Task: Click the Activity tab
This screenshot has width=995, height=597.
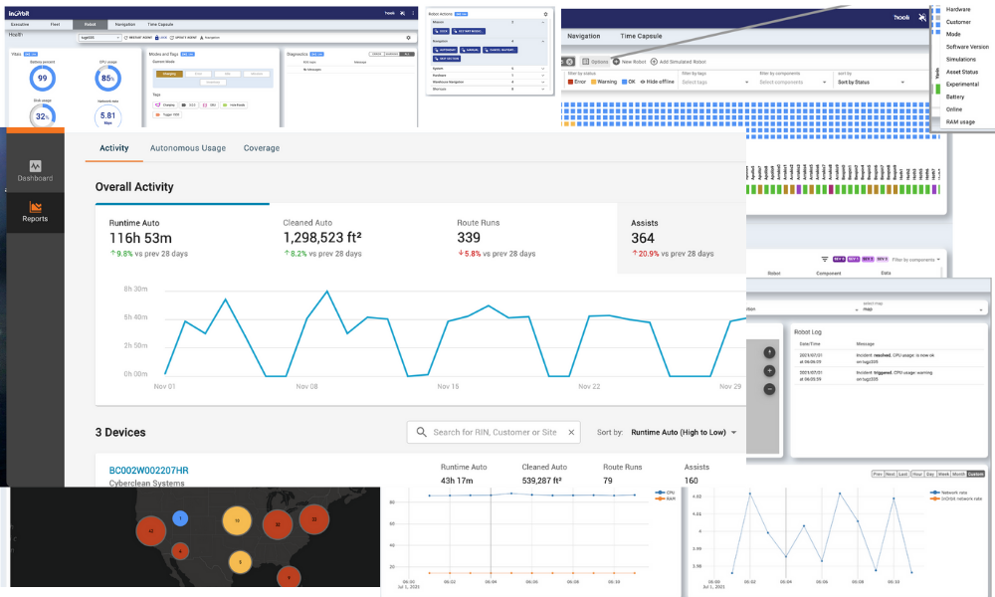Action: [x=114, y=148]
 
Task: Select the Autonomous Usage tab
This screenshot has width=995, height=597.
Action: [x=187, y=148]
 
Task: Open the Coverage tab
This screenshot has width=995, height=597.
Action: [x=262, y=148]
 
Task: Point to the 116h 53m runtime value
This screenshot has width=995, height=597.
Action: [x=140, y=238]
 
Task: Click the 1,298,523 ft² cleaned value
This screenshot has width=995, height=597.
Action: [x=321, y=238]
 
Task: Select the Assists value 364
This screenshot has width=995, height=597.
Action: [x=643, y=239]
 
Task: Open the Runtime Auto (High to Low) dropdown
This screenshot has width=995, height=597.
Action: [x=685, y=432]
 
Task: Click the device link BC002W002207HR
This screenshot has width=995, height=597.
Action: [x=148, y=470]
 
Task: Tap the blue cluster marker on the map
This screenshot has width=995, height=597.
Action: [x=179, y=517]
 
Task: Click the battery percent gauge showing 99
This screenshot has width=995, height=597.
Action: [x=42, y=77]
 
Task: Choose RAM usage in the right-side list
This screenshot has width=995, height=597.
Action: [x=960, y=121]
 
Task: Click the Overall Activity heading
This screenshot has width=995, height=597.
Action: [x=134, y=186]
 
